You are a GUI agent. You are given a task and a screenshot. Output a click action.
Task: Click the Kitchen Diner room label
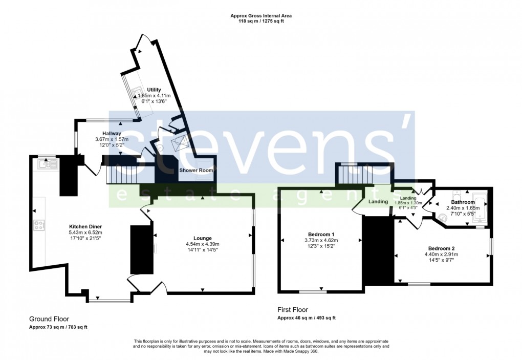pos(85,226)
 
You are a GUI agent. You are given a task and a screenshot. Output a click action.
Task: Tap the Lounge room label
pos(203,238)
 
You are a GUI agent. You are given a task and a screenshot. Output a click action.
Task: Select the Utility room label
pos(154,90)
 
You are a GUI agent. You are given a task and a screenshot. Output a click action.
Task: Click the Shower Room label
pos(196,170)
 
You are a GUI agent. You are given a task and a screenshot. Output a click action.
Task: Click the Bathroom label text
pos(463,202)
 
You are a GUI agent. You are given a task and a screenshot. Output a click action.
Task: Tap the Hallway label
pos(112,133)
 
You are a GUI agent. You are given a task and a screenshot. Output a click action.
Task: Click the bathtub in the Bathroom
pos(479,208)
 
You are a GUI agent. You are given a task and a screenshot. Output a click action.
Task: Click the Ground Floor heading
pos(49,319)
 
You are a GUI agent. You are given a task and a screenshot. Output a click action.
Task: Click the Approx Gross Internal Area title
pos(261,16)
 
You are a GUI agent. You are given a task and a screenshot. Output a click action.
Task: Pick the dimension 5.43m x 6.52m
pos(85,232)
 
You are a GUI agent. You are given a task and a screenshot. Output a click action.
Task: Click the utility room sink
pos(137,94)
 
